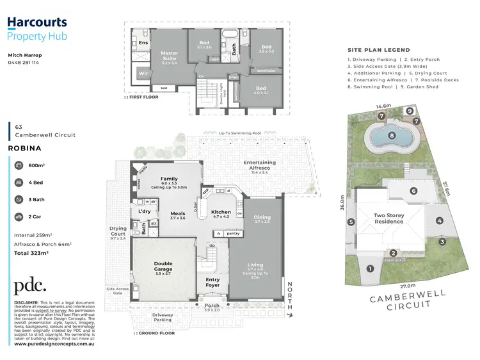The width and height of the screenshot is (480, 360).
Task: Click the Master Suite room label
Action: coord(170,56)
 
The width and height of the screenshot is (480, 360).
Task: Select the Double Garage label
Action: coord(163,266)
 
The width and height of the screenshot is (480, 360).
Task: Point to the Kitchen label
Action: coord(221,212)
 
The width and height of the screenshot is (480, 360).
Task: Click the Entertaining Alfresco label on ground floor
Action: coord(260,165)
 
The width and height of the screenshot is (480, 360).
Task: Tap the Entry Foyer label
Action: coord(212,282)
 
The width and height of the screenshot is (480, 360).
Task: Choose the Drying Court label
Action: coord(118,231)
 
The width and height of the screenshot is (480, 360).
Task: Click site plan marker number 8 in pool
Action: coord(392,135)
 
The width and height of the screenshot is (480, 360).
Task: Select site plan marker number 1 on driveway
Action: coord(369,268)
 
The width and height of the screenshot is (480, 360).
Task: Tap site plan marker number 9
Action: coord(409,111)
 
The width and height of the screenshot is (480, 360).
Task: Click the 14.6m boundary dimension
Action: coord(383,106)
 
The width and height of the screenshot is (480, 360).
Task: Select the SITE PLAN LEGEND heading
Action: coord(378,50)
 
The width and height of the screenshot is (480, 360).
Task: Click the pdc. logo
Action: coord(30,286)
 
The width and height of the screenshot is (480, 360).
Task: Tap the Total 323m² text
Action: coord(32,253)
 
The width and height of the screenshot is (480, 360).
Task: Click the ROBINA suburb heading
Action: coord(25,147)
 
